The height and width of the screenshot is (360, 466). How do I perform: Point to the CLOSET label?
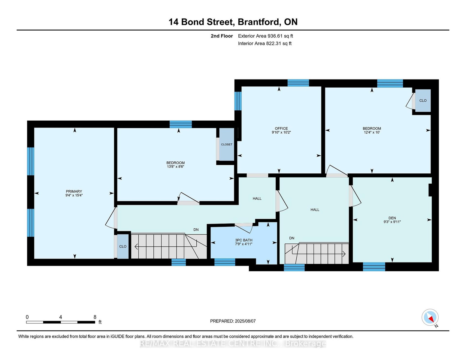(x=227, y=144)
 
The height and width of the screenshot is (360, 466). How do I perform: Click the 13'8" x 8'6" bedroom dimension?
(x=175, y=166)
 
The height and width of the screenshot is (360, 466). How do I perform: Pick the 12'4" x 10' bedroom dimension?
(x=372, y=132)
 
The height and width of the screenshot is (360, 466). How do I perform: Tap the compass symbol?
(x=430, y=317)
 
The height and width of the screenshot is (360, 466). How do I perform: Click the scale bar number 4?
(x=61, y=317)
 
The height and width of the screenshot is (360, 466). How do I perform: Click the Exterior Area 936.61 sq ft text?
(x=265, y=36)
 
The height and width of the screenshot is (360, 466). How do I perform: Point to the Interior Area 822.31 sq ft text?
(x=265, y=43)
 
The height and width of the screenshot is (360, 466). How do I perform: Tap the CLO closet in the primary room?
(x=123, y=246)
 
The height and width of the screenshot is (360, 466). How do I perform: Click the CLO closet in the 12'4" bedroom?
(x=423, y=100)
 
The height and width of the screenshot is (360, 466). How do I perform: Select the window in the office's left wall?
(x=238, y=101)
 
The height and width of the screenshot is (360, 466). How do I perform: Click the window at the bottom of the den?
(x=374, y=267)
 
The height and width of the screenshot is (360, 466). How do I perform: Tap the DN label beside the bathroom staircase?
(x=196, y=229)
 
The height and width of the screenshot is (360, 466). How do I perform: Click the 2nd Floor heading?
(x=222, y=36)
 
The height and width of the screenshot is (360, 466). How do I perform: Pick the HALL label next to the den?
(x=315, y=210)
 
